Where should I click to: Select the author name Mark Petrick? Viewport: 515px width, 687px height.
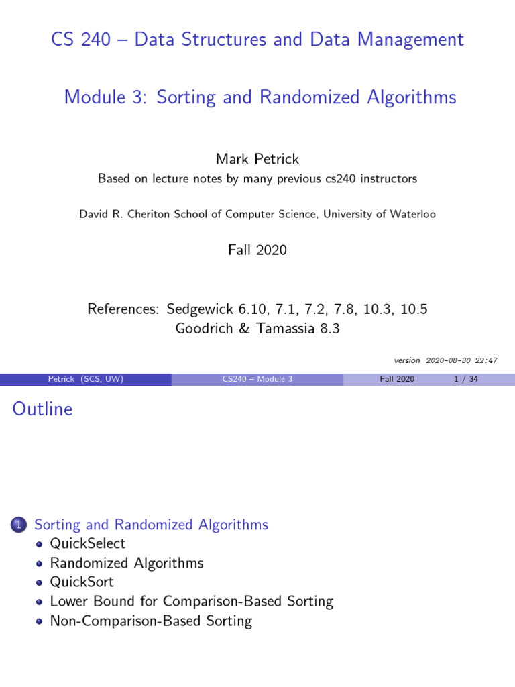257,159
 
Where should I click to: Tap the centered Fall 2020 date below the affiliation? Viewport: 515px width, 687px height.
257,250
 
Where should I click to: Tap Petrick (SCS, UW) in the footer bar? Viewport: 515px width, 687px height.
86,379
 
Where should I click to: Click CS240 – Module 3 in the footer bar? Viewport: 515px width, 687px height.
257,379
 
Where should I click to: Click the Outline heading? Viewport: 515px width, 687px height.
42,409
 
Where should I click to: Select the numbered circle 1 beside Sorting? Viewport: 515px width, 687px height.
19,525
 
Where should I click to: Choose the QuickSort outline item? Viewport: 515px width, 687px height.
82,582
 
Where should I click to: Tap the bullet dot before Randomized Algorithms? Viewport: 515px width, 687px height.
40,564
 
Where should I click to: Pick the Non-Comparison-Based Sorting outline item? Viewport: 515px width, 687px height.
151,621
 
